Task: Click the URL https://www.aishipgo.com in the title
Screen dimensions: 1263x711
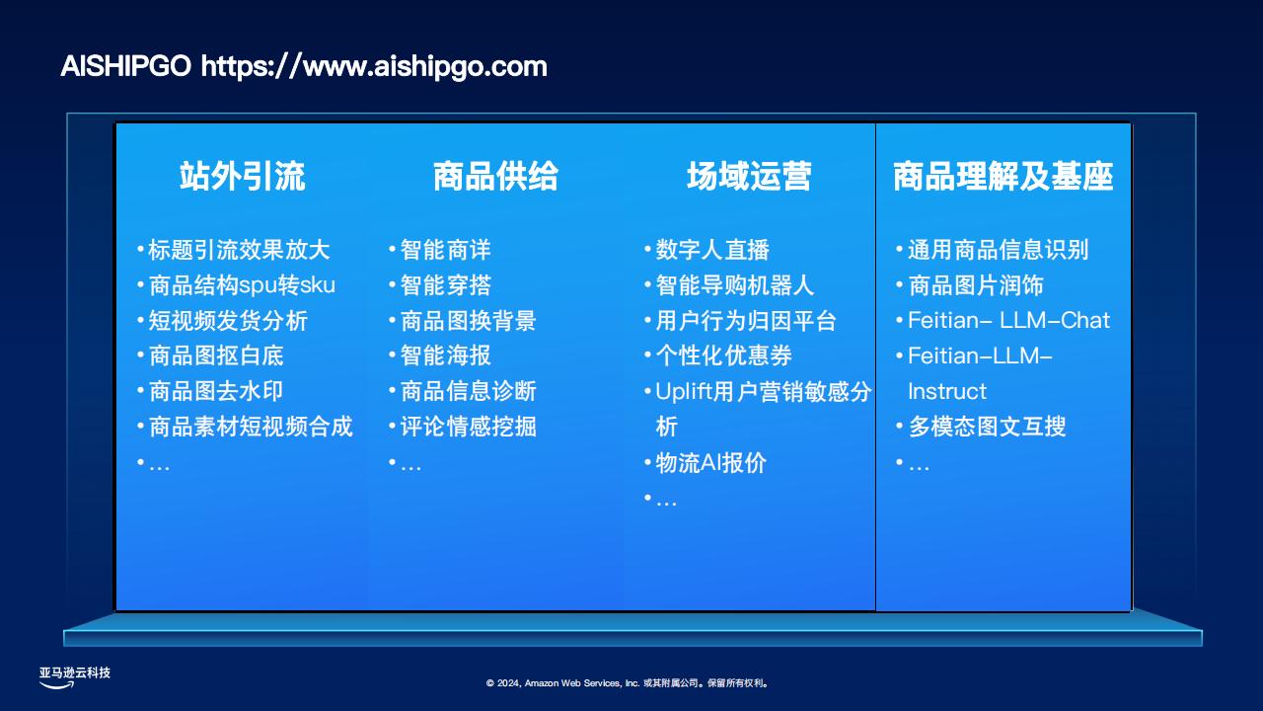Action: tap(374, 66)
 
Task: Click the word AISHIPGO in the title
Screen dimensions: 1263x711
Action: tap(125, 66)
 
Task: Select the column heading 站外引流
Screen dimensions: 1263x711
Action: tap(243, 176)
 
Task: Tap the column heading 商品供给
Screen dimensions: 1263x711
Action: tap(495, 176)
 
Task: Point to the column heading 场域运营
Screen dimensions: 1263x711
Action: tap(749, 176)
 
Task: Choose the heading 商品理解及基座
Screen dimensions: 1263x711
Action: tap(1003, 176)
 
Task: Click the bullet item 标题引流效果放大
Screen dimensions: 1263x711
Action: tap(239, 250)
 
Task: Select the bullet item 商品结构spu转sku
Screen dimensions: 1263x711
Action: tap(242, 285)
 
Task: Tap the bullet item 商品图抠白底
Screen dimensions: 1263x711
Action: tap(216, 356)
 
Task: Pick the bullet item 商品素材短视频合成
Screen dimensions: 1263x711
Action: tap(251, 427)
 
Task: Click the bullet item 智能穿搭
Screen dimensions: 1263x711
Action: tap(445, 285)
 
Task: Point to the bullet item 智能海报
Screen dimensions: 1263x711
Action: tap(445, 356)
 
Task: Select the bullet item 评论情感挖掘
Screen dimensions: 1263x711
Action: tap(468, 427)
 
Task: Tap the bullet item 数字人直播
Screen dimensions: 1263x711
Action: tap(712, 250)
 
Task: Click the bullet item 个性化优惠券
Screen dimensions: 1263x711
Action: tap(723, 356)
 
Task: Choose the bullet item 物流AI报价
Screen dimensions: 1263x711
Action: tap(710, 463)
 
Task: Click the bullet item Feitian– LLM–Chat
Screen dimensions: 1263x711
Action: tap(1008, 321)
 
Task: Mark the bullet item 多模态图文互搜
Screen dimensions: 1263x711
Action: tap(987, 427)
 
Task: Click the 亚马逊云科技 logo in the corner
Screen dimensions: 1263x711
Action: tap(74, 677)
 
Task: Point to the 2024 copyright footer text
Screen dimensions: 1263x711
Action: tap(627, 683)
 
